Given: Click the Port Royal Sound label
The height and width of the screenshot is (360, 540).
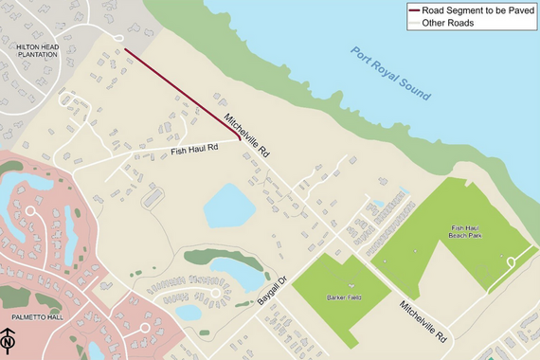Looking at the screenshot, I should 390,74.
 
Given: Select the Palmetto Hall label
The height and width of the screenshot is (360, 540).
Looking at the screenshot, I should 32,317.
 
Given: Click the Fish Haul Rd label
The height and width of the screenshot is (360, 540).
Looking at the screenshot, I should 194,149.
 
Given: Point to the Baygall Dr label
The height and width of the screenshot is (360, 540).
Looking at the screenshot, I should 274,285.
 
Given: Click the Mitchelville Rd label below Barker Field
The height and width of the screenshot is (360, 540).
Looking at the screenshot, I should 422,321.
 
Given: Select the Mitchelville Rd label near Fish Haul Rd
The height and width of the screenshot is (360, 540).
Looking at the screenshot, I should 248,136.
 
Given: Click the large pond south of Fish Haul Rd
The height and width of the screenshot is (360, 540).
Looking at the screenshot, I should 225,206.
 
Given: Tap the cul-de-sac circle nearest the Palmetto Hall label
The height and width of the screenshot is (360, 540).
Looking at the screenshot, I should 145,328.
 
